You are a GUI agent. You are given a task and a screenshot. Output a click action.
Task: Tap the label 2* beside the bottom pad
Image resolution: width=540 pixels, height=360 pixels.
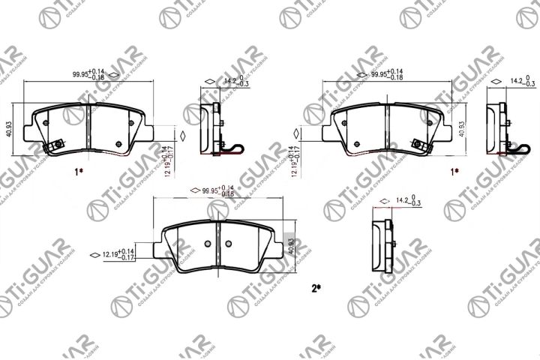316,287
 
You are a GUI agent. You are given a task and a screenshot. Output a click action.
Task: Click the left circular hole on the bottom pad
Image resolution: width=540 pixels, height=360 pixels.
209,242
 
